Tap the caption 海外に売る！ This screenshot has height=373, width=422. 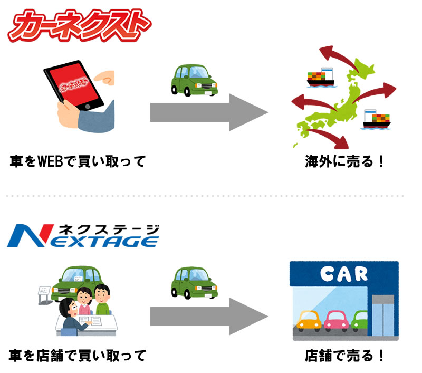[x=346, y=160]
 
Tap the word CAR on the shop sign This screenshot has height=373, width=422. [x=343, y=274]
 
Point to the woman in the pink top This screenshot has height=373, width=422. [x=84, y=301]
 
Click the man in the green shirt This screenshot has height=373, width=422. [x=104, y=299]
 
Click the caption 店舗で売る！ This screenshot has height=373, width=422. [x=346, y=356]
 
